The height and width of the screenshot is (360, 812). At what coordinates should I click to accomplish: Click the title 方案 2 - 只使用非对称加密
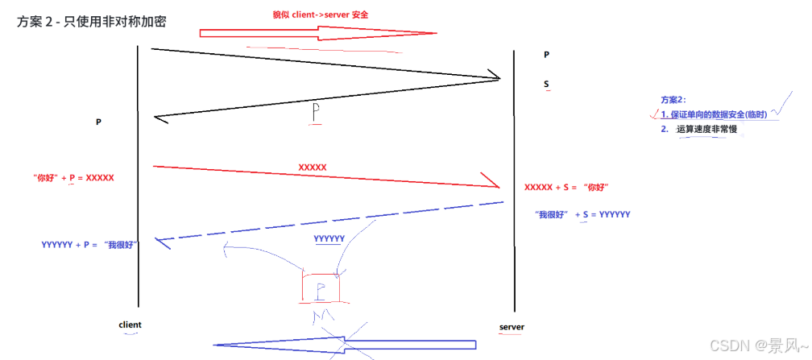coord(91,22)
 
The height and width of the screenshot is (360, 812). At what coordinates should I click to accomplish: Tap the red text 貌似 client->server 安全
coord(325,14)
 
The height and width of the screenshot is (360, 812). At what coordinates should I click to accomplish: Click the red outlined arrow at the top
coord(317,33)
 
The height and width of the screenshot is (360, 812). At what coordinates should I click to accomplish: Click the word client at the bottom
coord(130,325)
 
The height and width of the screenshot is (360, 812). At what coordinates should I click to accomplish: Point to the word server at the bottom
coord(512,327)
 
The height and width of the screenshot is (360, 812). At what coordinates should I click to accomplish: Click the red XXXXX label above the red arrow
coord(313,167)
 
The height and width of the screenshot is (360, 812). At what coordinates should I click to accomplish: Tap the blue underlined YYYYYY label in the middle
coord(329,238)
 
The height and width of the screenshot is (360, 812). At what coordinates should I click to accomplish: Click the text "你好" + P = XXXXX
coord(73,176)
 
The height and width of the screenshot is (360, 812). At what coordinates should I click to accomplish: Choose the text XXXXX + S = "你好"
coord(565,187)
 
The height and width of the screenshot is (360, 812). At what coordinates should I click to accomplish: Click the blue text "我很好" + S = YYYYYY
coord(582,214)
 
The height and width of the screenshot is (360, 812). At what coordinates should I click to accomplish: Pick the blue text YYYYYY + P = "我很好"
coord(89,243)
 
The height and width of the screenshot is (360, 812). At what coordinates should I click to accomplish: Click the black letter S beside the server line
coord(546,84)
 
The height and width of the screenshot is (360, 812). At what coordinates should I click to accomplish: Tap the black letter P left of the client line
coord(98,122)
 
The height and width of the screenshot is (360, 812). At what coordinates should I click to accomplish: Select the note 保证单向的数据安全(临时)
coord(719,114)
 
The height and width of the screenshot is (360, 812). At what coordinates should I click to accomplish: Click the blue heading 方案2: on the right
coord(673,100)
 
